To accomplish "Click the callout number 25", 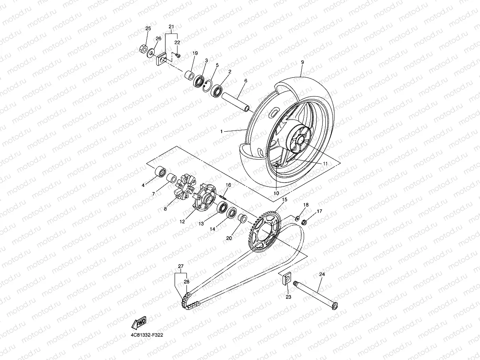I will (x=148, y=28).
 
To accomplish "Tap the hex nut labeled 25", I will (x=143, y=49).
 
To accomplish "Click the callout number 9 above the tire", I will (x=303, y=62).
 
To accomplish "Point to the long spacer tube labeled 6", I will (x=236, y=102).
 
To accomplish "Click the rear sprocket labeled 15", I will (x=265, y=231).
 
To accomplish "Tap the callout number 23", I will (x=288, y=297).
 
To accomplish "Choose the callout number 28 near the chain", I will (x=187, y=282).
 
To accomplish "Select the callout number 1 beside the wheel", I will (x=222, y=131).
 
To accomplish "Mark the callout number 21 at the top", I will (x=171, y=26).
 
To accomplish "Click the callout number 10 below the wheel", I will (x=276, y=193).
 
